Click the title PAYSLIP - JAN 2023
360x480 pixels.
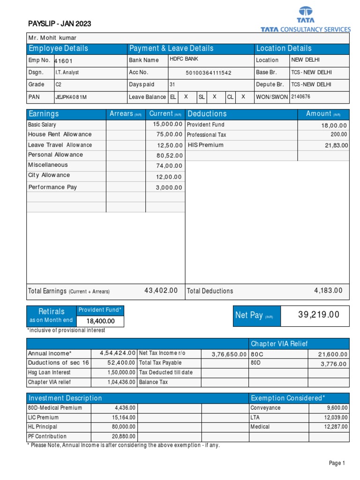click(60, 24)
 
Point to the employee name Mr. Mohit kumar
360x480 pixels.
click(52, 38)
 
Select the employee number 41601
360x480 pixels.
click(64, 61)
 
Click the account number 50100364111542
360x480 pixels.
click(209, 73)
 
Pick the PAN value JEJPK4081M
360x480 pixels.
click(71, 97)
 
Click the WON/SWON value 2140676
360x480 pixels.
click(300, 97)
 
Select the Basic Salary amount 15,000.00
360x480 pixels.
click(168, 124)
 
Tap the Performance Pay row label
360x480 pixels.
click(52, 187)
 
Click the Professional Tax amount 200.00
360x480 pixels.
click(338, 135)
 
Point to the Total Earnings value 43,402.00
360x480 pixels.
click(161, 291)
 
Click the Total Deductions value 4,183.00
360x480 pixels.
click(328, 291)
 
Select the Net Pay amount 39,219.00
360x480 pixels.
click(319, 315)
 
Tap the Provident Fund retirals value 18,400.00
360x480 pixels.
click(100, 321)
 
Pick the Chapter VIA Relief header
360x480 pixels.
click(279, 344)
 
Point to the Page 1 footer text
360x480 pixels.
click(337, 463)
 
